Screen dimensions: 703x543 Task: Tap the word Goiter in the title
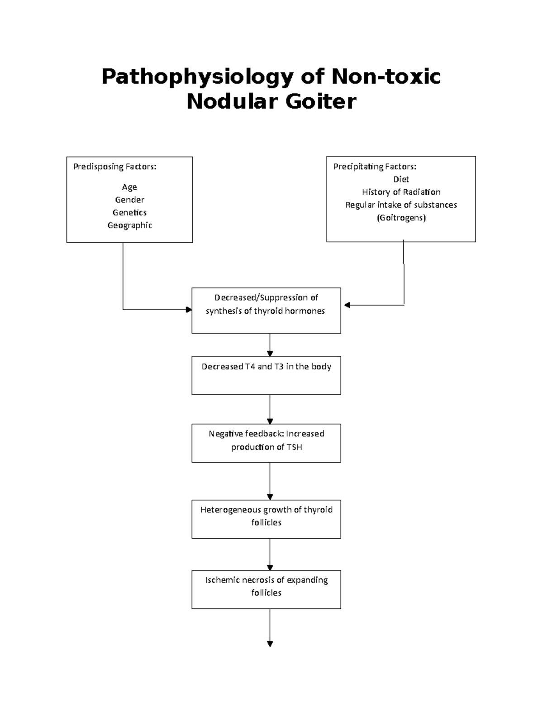(320, 101)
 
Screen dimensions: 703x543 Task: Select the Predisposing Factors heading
(115, 167)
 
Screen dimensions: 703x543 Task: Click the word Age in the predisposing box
(129, 187)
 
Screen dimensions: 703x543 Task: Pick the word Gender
(129, 200)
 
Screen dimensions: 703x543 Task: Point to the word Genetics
(129, 212)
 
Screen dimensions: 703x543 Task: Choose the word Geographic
(129, 225)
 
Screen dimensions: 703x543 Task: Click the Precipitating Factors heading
(375, 167)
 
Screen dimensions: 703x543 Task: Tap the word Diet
(401, 179)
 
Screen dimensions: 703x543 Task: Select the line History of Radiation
(401, 192)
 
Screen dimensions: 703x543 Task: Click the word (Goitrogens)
(401, 218)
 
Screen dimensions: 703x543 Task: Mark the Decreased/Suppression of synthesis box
(266, 311)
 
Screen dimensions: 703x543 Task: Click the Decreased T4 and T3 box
(266, 375)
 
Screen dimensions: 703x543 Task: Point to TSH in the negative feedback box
(294, 447)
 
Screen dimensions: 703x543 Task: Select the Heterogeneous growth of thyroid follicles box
(266, 519)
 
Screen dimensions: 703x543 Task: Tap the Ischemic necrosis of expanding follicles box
(266, 589)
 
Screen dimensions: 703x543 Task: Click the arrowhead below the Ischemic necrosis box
(270, 643)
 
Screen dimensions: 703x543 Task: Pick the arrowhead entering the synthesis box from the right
(347, 305)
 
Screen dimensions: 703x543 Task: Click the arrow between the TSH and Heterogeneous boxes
(270, 481)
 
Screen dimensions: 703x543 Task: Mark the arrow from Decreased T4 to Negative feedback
(270, 409)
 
